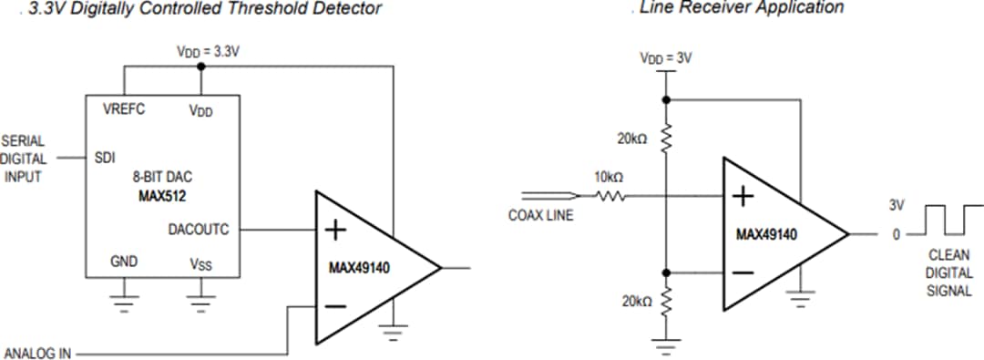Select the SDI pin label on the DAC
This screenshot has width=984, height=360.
tap(105, 158)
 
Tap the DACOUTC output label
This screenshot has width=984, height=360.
tap(199, 230)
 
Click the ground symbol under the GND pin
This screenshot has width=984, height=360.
tap(124, 302)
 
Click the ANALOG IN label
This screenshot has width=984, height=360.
tap(37, 353)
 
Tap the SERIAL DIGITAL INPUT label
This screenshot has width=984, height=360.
tap(24, 159)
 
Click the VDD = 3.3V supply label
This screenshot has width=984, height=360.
tap(208, 52)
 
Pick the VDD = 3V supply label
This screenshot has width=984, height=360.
tap(667, 59)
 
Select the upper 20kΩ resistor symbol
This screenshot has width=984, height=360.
tap(667, 138)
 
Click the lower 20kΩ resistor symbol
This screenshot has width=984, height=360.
tap(667, 300)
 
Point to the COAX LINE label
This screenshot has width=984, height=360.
tap(540, 216)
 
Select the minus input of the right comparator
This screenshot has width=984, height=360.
tap(743, 273)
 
